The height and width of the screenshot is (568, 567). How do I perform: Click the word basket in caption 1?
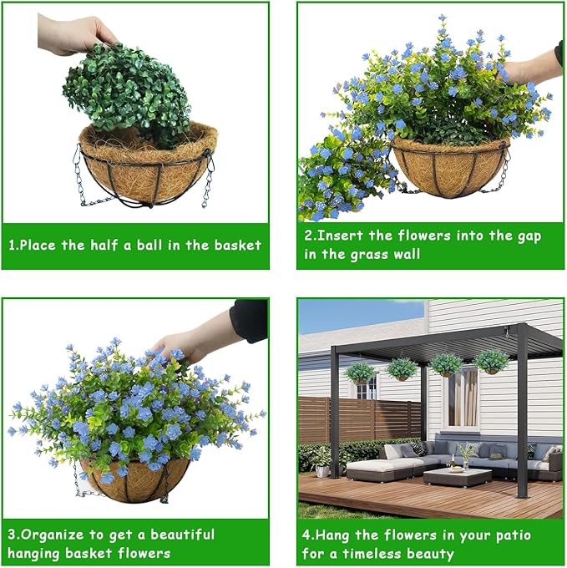[237, 246]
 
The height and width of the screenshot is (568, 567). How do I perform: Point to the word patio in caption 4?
[514, 535]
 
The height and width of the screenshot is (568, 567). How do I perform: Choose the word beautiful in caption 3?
[183, 535]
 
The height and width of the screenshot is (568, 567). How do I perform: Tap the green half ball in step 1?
[128, 94]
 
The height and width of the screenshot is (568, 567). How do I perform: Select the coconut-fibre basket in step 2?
[450, 166]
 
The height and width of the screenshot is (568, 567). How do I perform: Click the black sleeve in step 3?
[250, 320]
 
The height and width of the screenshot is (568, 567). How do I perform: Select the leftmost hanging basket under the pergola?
[360, 373]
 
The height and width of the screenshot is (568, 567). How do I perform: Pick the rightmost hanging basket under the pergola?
[492, 362]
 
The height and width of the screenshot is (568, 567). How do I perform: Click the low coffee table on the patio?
[458, 477]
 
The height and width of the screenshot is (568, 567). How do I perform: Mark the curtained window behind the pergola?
[463, 398]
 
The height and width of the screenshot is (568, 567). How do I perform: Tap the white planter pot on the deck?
[321, 471]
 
